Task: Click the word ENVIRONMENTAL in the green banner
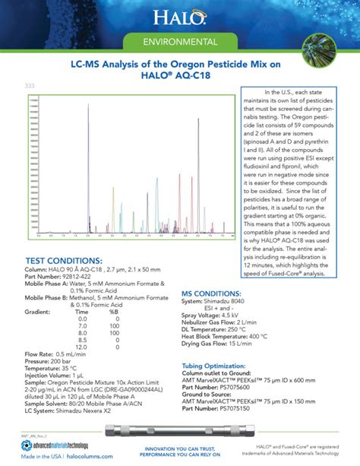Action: point(179,40)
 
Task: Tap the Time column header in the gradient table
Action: point(81,312)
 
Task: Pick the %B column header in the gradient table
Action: point(113,312)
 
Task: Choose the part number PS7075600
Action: point(240,386)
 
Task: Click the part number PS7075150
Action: point(240,407)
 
